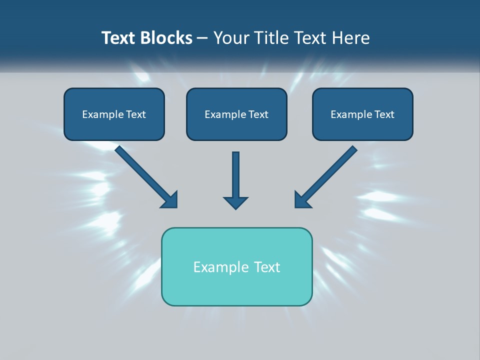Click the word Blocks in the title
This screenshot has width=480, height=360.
(166, 38)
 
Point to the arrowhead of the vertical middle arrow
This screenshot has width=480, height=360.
(235, 202)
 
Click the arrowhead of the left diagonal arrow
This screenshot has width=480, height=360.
(170, 200)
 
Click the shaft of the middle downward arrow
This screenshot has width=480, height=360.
(235, 172)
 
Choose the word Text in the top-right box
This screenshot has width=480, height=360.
(384, 114)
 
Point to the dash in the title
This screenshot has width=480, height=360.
(202, 38)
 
